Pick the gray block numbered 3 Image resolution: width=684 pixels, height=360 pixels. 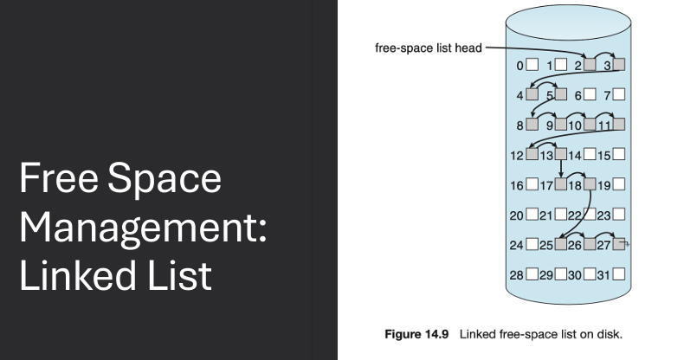point(619,64)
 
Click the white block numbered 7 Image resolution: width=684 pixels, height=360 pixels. point(619,94)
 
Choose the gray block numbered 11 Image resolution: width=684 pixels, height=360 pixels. point(619,125)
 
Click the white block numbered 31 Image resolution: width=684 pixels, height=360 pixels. point(619,274)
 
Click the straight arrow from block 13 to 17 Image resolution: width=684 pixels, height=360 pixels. point(561,170)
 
